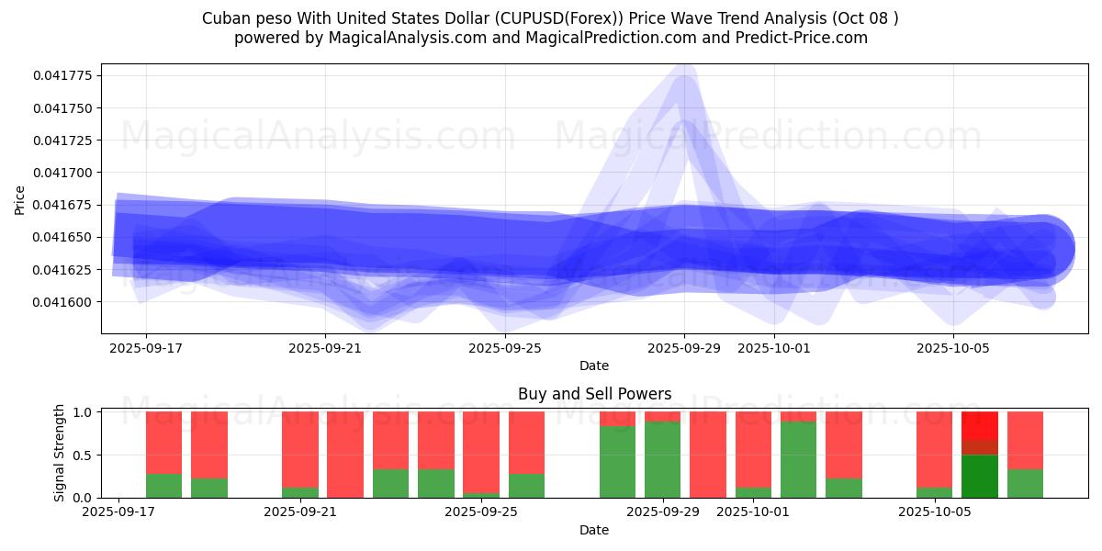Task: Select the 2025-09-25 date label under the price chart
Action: tap(505, 348)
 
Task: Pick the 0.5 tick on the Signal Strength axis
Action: tap(82, 455)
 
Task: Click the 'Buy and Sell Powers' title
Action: tap(594, 394)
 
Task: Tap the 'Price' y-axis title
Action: tap(20, 199)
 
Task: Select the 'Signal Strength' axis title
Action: tap(60, 453)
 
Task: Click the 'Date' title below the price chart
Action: tap(594, 365)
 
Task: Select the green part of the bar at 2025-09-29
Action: tap(662, 459)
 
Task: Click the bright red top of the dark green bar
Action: tap(979, 425)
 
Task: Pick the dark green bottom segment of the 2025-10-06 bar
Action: tap(979, 476)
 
